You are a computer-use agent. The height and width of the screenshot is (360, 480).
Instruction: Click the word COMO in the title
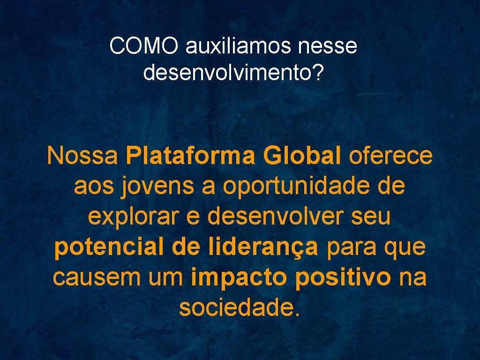(x=145, y=46)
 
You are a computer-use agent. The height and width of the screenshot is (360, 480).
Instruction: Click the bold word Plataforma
(x=190, y=156)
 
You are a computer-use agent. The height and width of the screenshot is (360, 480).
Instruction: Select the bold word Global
(x=302, y=156)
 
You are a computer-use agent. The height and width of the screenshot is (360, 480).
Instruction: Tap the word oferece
(x=390, y=156)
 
